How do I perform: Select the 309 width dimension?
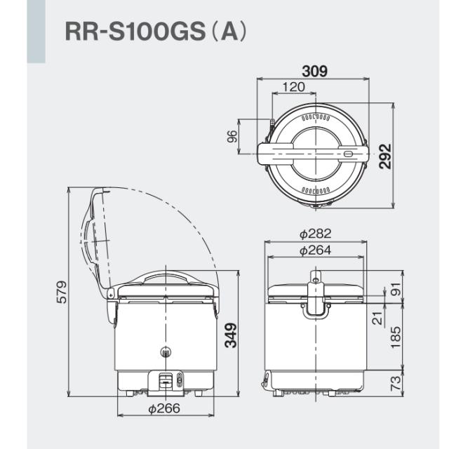point(314,71)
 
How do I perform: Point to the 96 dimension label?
point(232,136)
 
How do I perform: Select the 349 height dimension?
point(231,335)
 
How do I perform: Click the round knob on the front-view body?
point(166,353)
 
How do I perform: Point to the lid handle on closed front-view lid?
point(166,279)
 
